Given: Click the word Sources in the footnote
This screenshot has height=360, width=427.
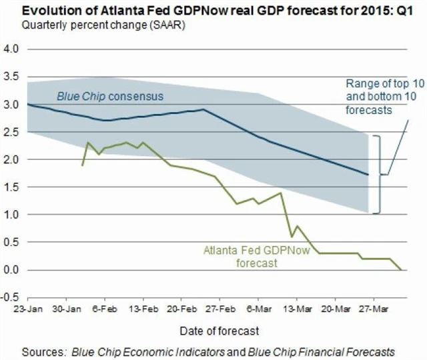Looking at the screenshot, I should (42, 351).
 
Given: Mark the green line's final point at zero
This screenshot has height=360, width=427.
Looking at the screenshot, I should (401, 269).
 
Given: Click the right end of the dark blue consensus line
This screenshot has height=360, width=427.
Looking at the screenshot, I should (368, 175).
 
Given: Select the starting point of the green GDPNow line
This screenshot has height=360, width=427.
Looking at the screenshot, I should (82, 165).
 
